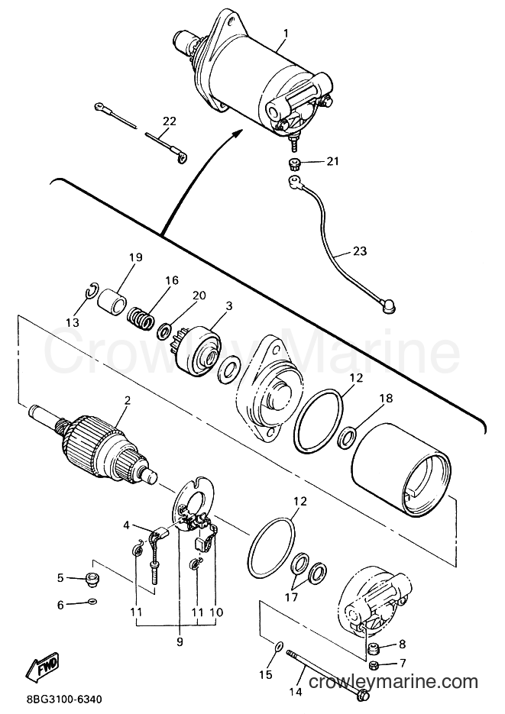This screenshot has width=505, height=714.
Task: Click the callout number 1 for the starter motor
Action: click(x=286, y=34)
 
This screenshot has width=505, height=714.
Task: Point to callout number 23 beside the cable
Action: click(x=359, y=251)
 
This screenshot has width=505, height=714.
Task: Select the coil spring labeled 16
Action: click(x=140, y=318)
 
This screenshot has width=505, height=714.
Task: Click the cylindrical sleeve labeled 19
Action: click(x=112, y=301)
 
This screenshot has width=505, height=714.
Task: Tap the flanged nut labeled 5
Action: click(x=92, y=579)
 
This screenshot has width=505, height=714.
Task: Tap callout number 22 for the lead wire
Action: click(x=169, y=121)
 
